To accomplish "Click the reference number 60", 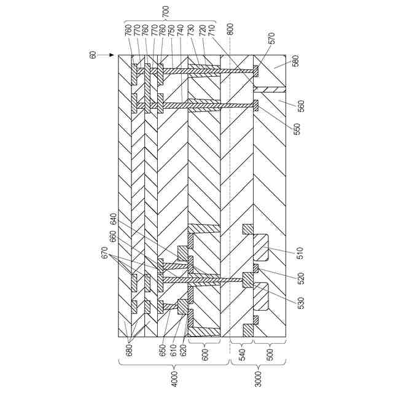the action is tap(93, 55).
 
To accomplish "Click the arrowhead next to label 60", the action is tap(111, 55).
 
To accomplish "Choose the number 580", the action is tap(297, 61).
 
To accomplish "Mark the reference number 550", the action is tap(298, 130).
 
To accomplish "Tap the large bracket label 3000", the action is tap(258, 376).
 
